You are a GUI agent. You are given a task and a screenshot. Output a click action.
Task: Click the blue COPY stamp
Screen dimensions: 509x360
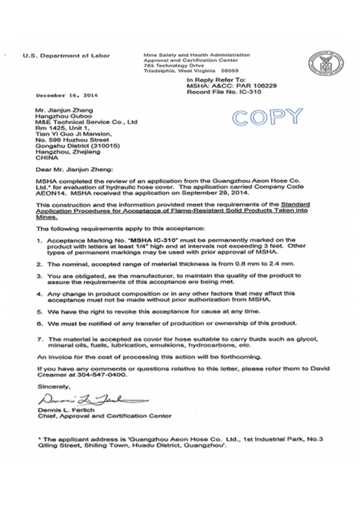click(x=268, y=117)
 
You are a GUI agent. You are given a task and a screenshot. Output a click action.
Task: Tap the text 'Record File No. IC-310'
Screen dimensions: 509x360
click(x=224, y=91)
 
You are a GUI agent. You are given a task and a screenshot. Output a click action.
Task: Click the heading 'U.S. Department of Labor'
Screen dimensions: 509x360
click(x=66, y=56)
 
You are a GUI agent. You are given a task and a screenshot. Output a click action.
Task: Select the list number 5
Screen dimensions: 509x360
click(x=39, y=311)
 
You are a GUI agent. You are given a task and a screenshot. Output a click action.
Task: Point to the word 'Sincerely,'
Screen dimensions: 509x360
click(x=54, y=386)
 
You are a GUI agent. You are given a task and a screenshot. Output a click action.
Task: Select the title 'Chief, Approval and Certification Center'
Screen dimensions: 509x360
click(x=105, y=416)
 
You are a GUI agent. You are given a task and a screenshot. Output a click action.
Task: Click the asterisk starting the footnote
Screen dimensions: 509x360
click(x=39, y=439)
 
